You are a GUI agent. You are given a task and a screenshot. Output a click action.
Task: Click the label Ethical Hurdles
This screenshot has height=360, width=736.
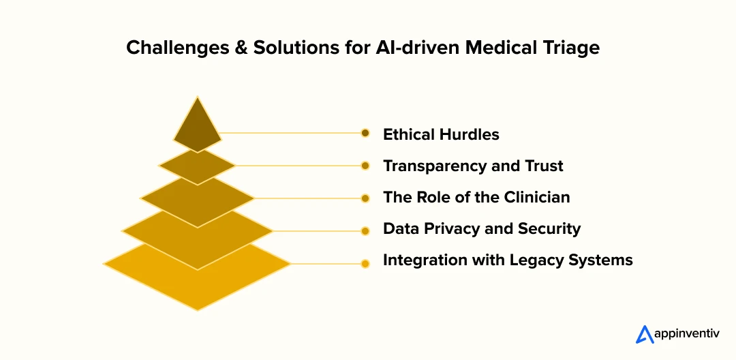(441, 135)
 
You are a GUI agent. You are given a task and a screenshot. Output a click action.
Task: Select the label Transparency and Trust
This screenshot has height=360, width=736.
(473, 166)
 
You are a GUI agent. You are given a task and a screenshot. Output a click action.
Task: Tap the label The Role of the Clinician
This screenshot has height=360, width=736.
(476, 197)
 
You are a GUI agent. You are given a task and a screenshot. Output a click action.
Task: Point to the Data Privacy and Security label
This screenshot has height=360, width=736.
(482, 228)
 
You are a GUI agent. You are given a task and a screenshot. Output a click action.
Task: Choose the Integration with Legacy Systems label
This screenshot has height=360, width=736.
(508, 260)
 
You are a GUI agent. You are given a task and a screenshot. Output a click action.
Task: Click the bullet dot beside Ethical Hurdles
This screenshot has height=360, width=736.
(365, 134)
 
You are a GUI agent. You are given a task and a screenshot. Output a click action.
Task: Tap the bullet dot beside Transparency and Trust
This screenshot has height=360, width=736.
(365, 166)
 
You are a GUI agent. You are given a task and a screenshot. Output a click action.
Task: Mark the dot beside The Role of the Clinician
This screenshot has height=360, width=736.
(365, 198)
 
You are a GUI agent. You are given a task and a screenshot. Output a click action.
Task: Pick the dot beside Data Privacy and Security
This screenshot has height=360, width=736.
(365, 231)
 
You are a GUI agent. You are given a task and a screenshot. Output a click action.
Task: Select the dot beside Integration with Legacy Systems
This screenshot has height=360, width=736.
(365, 264)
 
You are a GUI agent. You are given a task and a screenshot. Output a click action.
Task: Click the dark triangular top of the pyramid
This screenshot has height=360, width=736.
(197, 129)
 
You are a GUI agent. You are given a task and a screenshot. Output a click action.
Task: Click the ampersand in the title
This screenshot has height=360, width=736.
(240, 48)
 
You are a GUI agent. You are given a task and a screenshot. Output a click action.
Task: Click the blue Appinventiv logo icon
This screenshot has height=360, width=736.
(645, 334)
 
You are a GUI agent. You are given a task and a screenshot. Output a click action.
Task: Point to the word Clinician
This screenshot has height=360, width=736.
(537, 197)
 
